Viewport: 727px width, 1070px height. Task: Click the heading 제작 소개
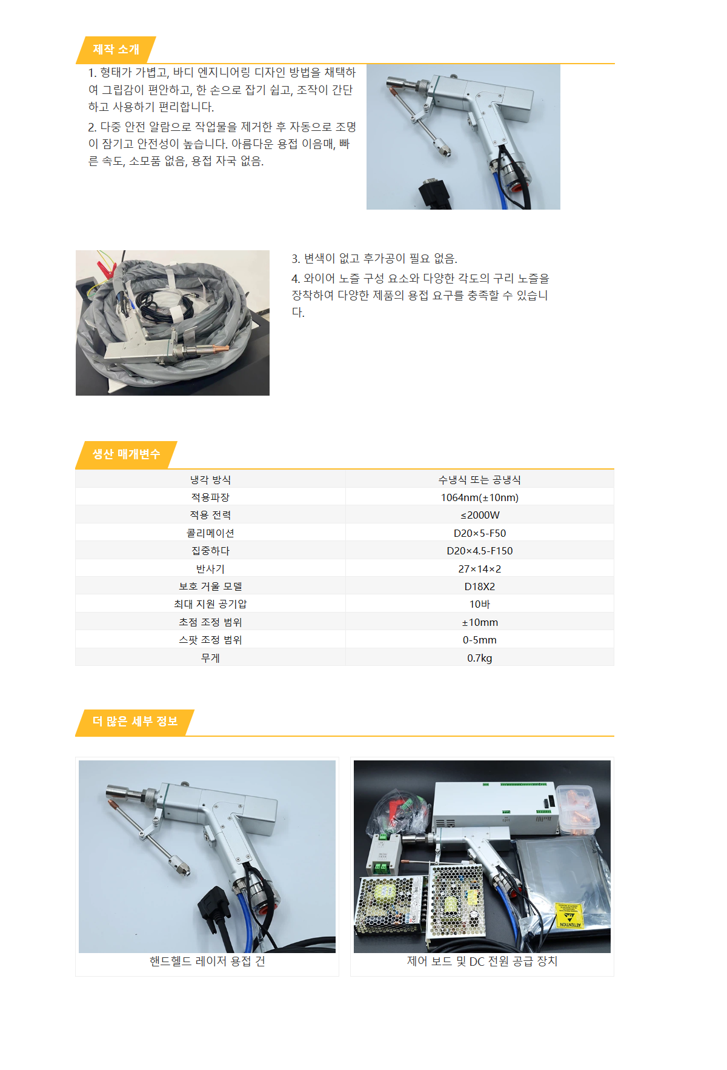116,50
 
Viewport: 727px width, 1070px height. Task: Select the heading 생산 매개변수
126,454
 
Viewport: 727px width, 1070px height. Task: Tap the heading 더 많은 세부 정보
134,722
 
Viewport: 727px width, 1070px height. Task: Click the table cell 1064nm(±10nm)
479,497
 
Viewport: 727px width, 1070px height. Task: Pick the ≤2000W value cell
479,515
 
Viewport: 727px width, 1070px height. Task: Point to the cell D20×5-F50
479,533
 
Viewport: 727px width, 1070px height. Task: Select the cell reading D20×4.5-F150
479,551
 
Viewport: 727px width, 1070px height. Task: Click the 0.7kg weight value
479,658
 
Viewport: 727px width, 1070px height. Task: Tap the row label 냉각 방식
210,480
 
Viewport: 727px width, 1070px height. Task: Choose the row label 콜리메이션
210,533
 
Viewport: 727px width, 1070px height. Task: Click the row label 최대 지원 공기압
210,604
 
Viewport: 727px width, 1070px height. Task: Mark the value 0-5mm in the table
479,640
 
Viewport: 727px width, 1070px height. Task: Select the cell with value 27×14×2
479,569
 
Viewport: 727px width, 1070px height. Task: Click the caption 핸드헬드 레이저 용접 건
207,962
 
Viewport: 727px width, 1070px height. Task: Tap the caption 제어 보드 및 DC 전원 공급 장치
482,962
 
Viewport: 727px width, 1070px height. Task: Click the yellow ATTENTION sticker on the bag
569,914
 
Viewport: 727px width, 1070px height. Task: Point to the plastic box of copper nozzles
577,809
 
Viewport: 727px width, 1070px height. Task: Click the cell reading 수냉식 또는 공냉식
479,480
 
